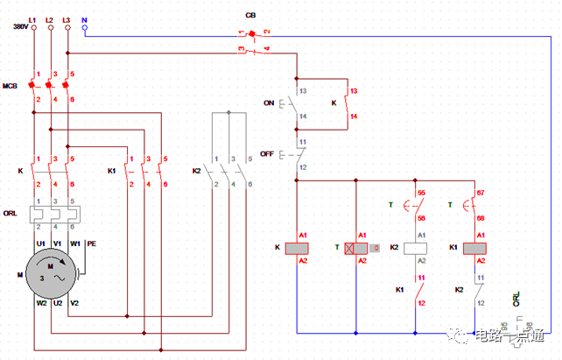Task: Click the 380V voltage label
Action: coord(19,27)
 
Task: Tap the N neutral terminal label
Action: coord(84,18)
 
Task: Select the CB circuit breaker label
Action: coord(250,17)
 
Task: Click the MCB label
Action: coord(11,86)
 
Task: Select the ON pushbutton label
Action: coord(269,102)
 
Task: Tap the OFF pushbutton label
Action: coord(267,153)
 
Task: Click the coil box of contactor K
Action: coord(299,248)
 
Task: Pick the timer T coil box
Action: coord(355,248)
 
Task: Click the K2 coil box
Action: coord(419,248)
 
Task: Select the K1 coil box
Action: coord(474,248)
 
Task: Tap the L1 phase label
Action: coord(32,18)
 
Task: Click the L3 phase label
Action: coord(67,18)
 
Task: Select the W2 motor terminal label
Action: coord(40,304)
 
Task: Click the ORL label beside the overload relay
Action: coord(11,213)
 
